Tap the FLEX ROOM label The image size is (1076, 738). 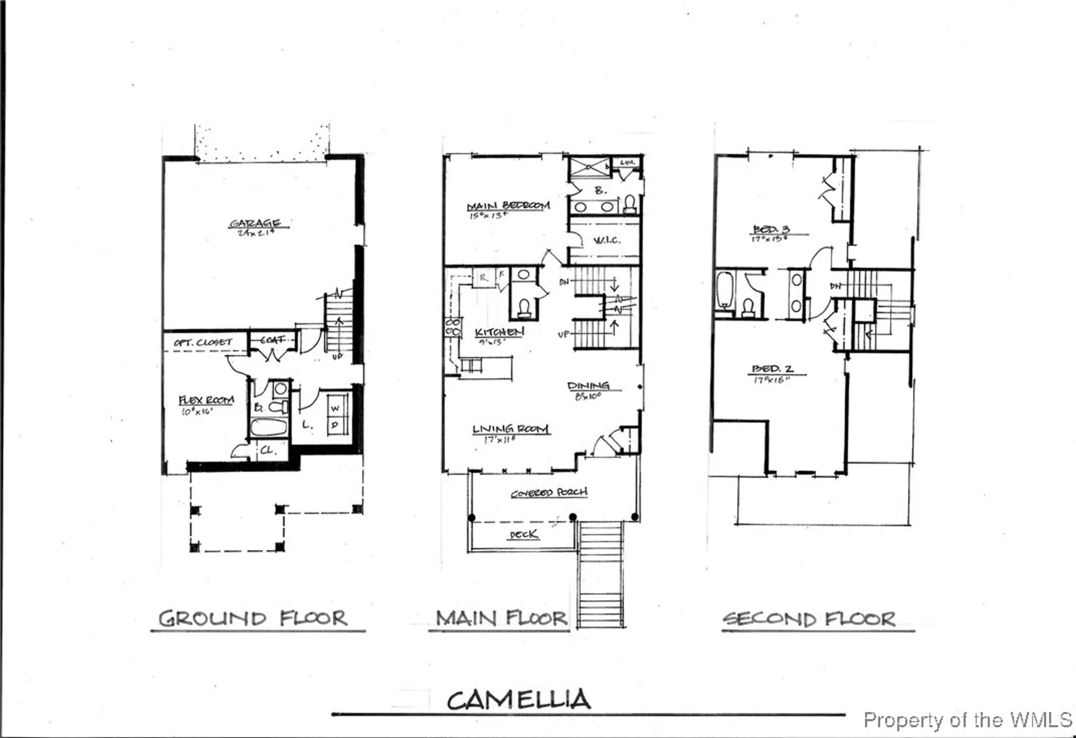(206, 400)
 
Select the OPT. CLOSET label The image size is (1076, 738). (203, 342)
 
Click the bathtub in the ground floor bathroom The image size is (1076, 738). (269, 428)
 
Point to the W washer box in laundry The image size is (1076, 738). (335, 408)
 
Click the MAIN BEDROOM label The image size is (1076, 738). (508, 206)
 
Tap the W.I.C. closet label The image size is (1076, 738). (607, 240)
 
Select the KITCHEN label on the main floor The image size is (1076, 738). (499, 332)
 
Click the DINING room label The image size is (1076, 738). (588, 386)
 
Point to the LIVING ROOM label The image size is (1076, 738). (510, 429)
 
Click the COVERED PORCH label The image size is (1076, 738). (549, 493)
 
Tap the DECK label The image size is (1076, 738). (523, 534)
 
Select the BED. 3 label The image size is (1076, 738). (771, 230)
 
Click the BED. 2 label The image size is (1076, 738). (772, 369)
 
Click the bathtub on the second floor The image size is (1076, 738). (725, 290)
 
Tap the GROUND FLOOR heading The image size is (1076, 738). (253, 619)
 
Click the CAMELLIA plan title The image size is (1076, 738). (519, 700)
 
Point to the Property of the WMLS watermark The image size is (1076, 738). (967, 720)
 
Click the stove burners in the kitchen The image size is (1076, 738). (453, 327)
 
